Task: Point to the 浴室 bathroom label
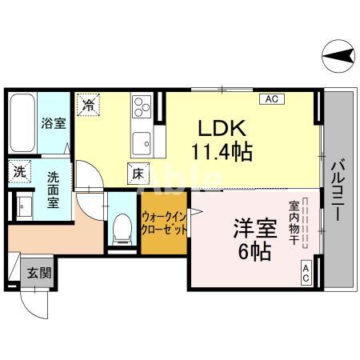pyautogui.click(x=53, y=124)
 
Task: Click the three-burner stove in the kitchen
pyautogui.click(x=142, y=108)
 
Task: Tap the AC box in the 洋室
pyautogui.click(x=306, y=273)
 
